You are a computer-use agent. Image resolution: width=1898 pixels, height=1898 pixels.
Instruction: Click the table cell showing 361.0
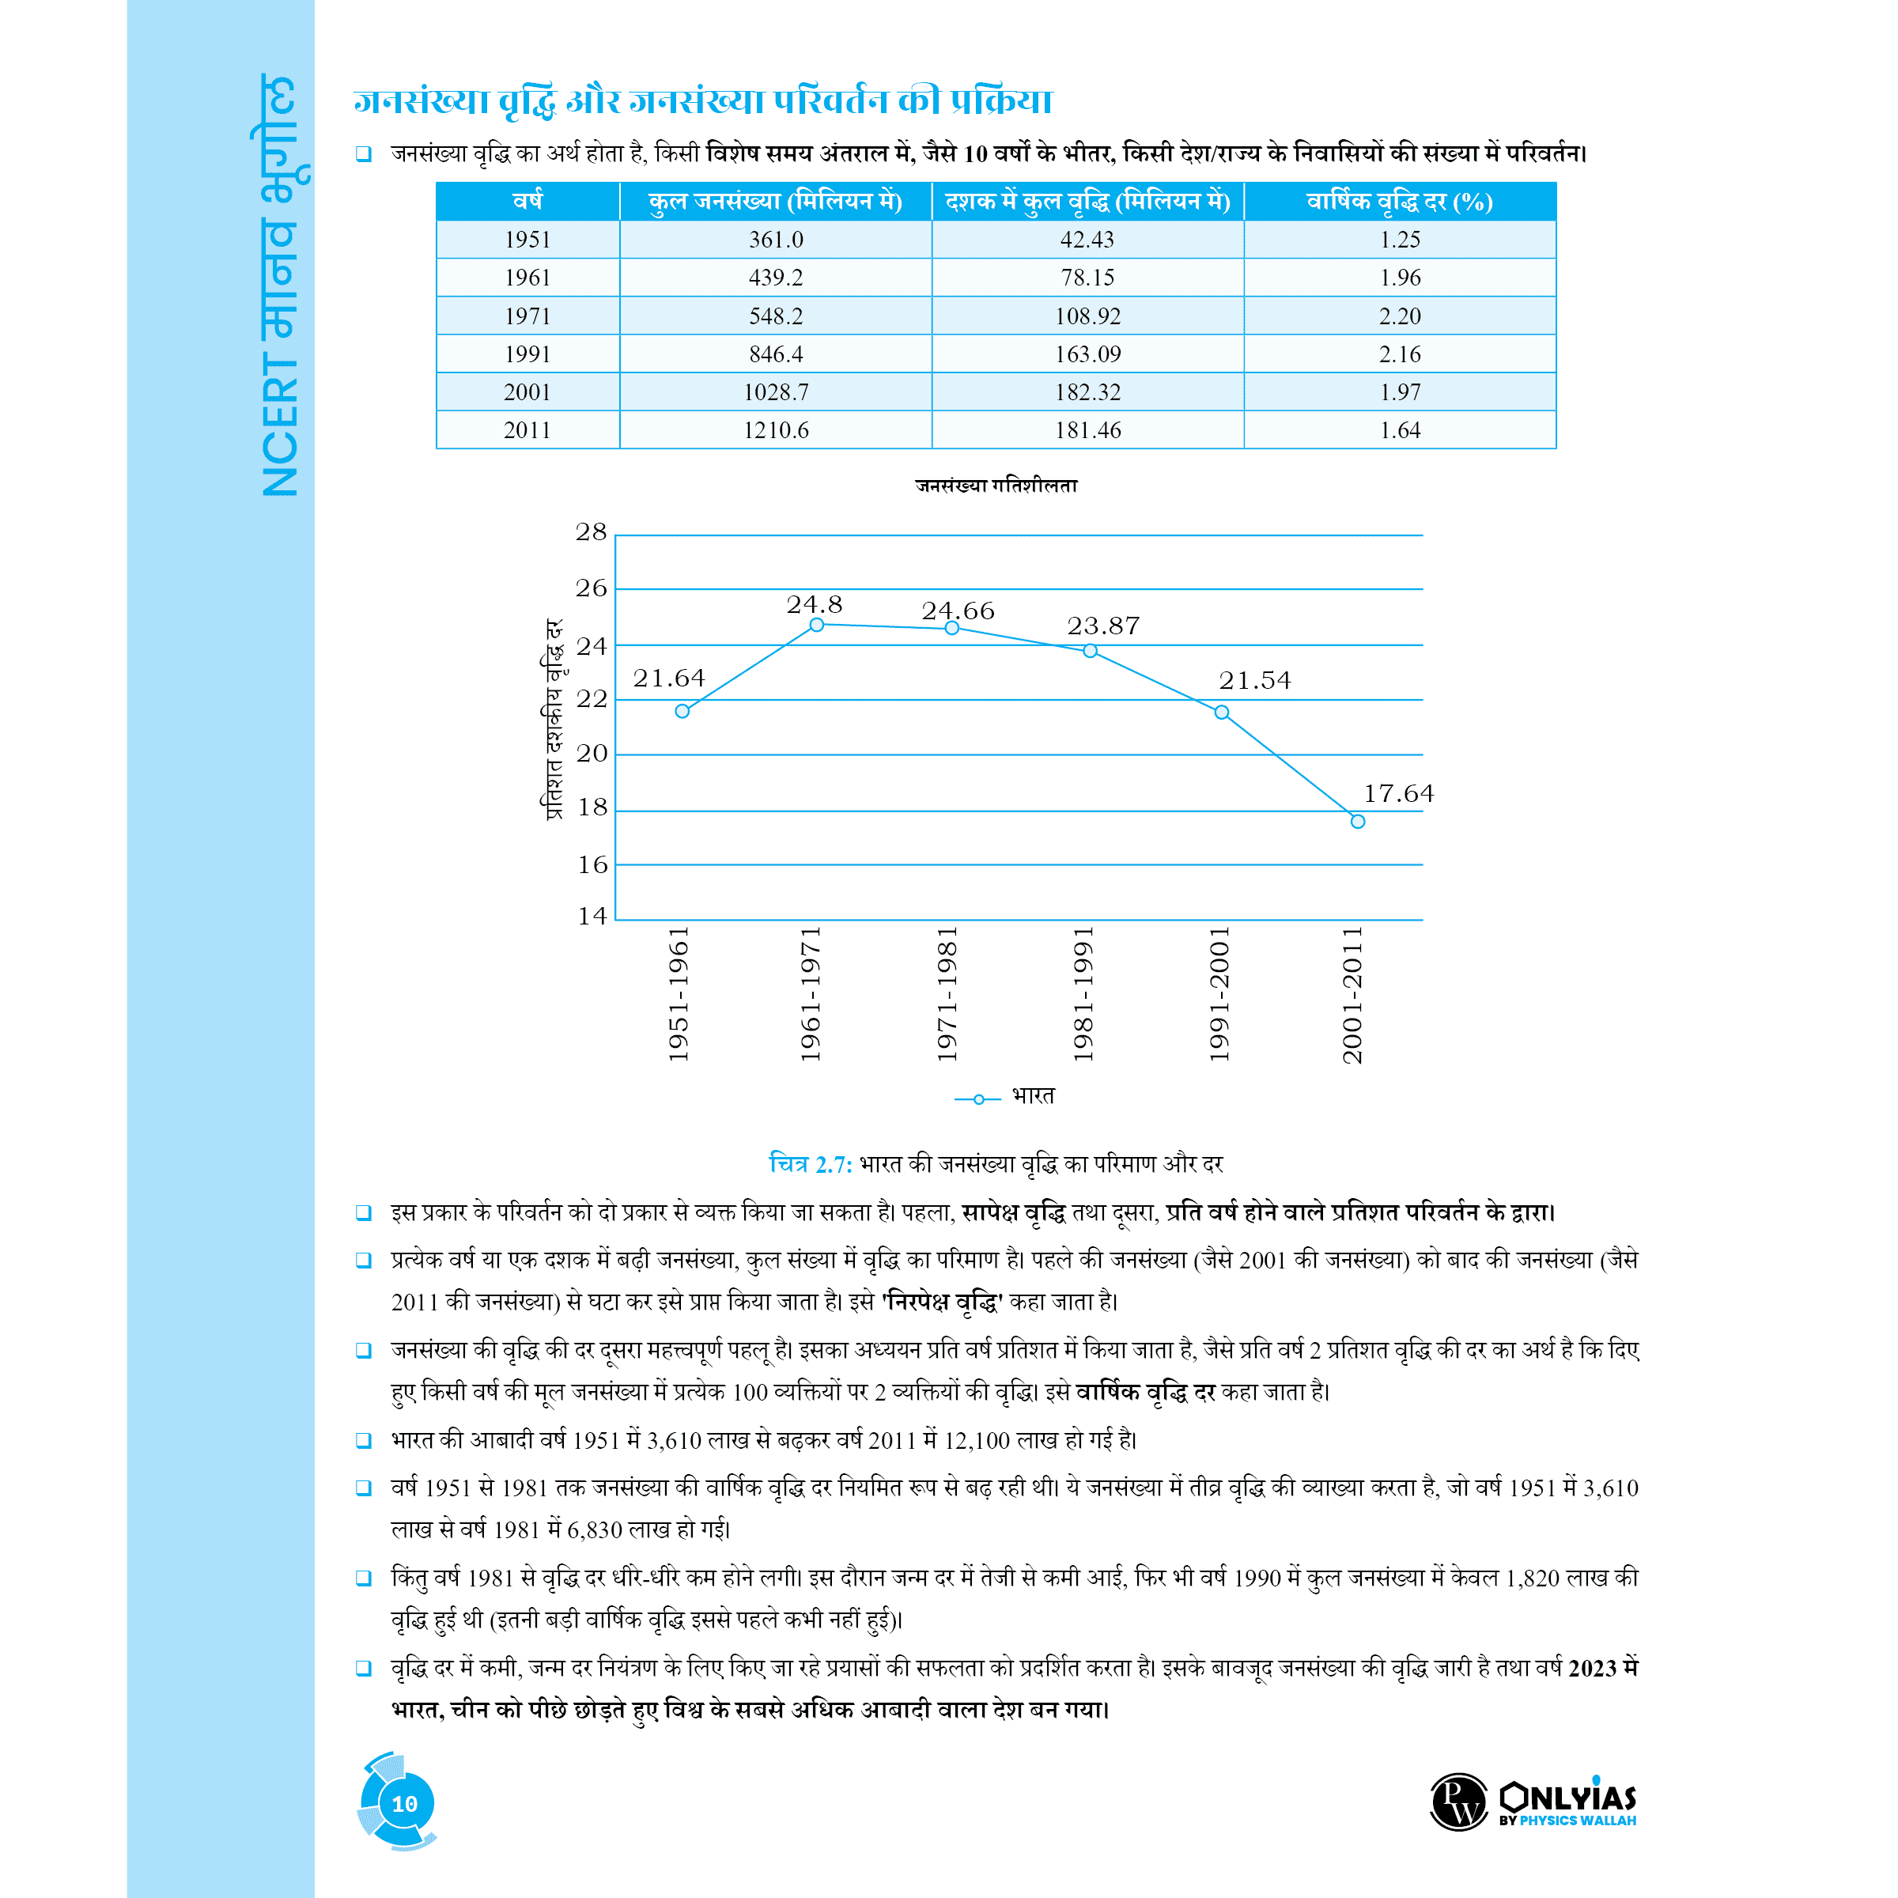[x=775, y=240]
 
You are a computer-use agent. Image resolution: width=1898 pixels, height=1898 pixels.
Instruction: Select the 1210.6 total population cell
[x=775, y=430]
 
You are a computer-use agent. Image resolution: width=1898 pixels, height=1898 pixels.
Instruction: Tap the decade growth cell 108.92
[x=1087, y=316]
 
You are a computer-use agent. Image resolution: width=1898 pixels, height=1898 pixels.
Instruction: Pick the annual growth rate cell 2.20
[x=1399, y=316]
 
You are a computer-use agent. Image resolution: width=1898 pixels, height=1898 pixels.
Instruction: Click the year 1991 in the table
[x=527, y=354]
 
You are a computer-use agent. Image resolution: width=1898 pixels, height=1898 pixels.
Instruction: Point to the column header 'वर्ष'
[x=527, y=202]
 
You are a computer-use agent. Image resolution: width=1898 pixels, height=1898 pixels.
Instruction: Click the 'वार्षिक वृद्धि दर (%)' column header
[x=1399, y=202]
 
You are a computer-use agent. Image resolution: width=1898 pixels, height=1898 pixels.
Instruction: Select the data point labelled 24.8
[x=816, y=625]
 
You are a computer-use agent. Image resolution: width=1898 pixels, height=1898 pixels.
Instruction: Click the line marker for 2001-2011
[x=1358, y=822]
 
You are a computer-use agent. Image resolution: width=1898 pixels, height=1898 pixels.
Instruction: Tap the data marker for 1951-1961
[x=682, y=711]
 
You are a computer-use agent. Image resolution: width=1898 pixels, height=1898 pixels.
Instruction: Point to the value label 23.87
[x=1103, y=626]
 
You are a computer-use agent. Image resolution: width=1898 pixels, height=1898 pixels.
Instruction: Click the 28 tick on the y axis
[x=592, y=532]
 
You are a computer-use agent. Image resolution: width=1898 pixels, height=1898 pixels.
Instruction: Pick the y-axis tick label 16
[x=592, y=865]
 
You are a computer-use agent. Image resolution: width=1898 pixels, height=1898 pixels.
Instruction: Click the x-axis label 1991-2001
[x=1219, y=994]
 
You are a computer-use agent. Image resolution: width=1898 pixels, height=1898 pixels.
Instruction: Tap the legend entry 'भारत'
[x=1033, y=1096]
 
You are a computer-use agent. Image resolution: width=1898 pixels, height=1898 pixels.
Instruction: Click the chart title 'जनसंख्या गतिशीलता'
[x=996, y=486]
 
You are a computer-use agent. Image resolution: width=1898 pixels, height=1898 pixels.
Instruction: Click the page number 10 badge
[x=404, y=1804]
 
